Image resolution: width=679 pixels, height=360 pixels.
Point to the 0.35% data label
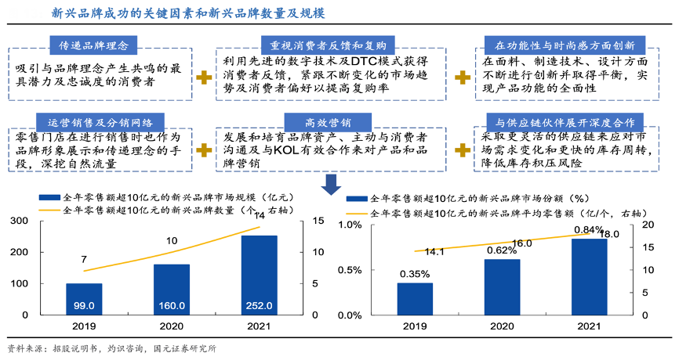[x=414, y=274]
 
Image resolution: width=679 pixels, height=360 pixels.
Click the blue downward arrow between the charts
[x=331, y=184]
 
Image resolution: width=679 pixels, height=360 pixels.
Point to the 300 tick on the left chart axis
[x=18, y=221]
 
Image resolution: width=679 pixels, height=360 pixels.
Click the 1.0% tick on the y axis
[x=350, y=225]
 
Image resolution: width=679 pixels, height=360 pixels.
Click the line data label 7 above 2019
[x=83, y=259]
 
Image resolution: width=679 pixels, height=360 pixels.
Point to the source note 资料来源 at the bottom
[x=111, y=348]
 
